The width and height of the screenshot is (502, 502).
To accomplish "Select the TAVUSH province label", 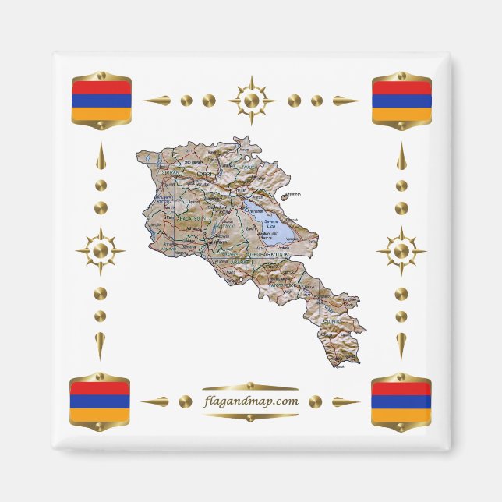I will tap(250, 168).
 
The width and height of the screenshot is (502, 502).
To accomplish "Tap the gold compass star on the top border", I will tap(251, 101).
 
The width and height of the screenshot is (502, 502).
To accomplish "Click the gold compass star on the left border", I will tap(100, 251).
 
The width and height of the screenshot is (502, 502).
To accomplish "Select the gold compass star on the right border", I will tap(401, 251).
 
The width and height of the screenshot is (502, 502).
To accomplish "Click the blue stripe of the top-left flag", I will tap(101, 101).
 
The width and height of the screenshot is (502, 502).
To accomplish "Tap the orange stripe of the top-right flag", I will tap(401, 114).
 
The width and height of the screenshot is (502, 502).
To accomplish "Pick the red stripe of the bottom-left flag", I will tap(100, 388).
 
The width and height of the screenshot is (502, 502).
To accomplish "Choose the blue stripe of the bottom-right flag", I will tap(401, 402).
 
